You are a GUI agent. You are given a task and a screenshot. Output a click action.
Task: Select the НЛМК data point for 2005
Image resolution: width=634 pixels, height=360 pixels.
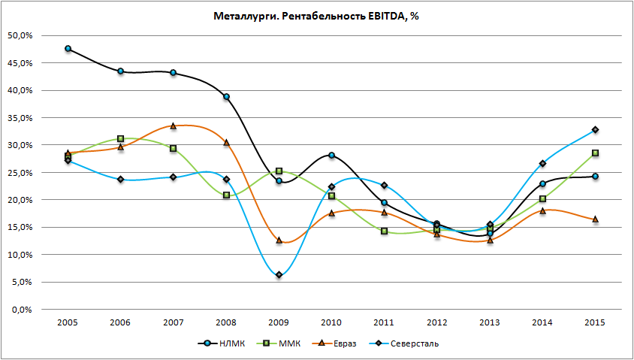pyautogui.click(x=68, y=49)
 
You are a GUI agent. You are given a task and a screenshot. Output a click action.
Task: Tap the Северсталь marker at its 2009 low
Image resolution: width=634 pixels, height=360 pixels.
pyautogui.click(x=279, y=275)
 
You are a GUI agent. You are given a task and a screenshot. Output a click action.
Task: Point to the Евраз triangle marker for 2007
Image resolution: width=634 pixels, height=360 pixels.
pyautogui.click(x=174, y=126)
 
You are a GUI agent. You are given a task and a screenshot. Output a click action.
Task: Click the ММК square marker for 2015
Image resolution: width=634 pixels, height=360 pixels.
pyautogui.click(x=595, y=153)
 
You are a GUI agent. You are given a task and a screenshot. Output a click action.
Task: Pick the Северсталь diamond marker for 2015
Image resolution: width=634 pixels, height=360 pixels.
pyautogui.click(x=595, y=130)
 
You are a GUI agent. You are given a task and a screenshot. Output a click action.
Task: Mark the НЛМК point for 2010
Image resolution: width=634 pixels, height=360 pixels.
pyautogui.click(x=331, y=156)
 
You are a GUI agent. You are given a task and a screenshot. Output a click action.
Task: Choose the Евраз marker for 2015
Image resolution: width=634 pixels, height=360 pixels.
pyautogui.click(x=595, y=219)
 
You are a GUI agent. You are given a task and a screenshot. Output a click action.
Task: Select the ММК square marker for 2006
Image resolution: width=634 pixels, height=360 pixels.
pyautogui.click(x=120, y=139)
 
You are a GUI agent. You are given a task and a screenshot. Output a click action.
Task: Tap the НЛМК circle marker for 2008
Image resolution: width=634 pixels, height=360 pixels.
pyautogui.click(x=226, y=97)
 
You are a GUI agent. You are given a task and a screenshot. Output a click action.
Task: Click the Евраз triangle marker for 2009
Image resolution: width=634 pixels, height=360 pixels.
pyautogui.click(x=279, y=241)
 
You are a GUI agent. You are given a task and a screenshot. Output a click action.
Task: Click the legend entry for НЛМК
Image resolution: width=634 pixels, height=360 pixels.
pyautogui.click(x=227, y=344)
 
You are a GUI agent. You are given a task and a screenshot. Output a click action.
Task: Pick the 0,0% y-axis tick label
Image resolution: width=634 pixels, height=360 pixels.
pyautogui.click(x=20, y=310)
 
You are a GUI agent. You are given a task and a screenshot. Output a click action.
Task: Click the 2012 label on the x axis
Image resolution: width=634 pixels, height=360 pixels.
pyautogui.click(x=437, y=322)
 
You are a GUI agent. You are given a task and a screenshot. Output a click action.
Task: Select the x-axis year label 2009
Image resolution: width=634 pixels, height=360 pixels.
pyautogui.click(x=279, y=322)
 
